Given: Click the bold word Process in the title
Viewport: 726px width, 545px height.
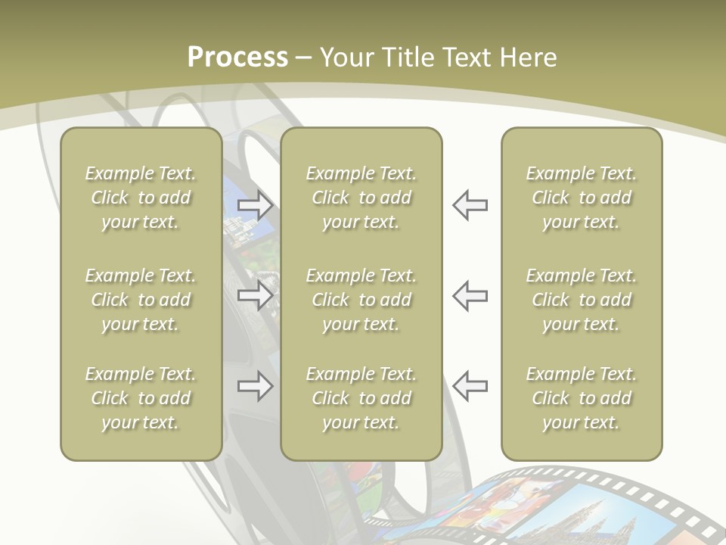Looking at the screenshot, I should tap(237, 58).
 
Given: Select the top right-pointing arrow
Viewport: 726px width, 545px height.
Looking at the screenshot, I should tap(255, 204).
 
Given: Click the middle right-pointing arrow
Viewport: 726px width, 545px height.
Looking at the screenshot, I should tap(255, 295).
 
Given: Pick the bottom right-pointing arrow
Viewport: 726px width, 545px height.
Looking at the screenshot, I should tap(255, 386).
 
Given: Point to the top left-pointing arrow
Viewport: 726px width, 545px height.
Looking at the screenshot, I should tap(470, 204).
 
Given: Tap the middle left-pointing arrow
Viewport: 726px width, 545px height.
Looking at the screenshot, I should tap(470, 295).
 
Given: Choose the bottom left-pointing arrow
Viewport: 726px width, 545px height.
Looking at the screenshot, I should tap(470, 386).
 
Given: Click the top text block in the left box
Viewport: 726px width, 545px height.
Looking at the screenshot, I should tap(141, 198).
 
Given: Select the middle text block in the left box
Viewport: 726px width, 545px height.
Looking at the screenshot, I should tap(141, 300).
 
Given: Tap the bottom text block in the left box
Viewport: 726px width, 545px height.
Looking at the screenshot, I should tap(141, 398).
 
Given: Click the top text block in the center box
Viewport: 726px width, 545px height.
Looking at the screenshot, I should tap(361, 198).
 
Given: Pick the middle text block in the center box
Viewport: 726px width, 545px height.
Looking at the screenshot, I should tap(361, 300).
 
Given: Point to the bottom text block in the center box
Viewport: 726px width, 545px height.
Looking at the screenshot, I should tap(361, 398).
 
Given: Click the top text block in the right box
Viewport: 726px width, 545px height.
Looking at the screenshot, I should tap(581, 198).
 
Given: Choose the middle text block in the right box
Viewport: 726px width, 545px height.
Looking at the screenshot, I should tap(581, 300).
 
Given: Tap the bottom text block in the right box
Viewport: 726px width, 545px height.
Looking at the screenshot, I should tap(581, 398).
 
